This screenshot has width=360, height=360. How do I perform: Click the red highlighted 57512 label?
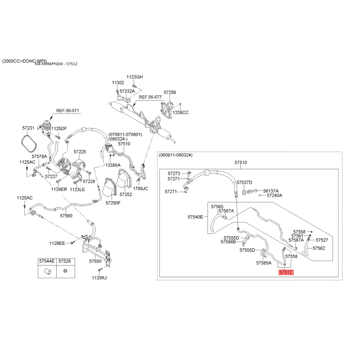coord(286,272)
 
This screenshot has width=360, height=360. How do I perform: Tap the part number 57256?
coord(170,92)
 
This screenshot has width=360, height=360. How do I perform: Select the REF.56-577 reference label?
coord(150,97)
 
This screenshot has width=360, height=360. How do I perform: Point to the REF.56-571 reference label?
coord(67,111)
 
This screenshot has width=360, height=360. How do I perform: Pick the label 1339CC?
coord(181,112)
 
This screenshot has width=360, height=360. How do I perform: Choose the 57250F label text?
coord(113,203)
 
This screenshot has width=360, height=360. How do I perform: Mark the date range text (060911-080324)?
coord(175,155)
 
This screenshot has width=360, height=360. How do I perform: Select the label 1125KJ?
coord(99,278)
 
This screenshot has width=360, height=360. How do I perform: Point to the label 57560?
coord(66,216)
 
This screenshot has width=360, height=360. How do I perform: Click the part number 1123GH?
coord(135,77)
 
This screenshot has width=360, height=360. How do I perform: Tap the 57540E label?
coord(195,217)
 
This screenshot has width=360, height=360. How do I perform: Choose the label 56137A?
coord(271,191)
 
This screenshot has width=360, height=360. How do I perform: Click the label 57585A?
coord(264,263)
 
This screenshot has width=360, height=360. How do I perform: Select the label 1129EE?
coord(57,243)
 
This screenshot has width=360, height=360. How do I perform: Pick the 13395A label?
coord(113,165)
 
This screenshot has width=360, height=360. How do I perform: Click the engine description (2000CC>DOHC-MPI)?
coord(25,61)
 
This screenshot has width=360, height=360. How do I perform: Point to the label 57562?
coord(319,248)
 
